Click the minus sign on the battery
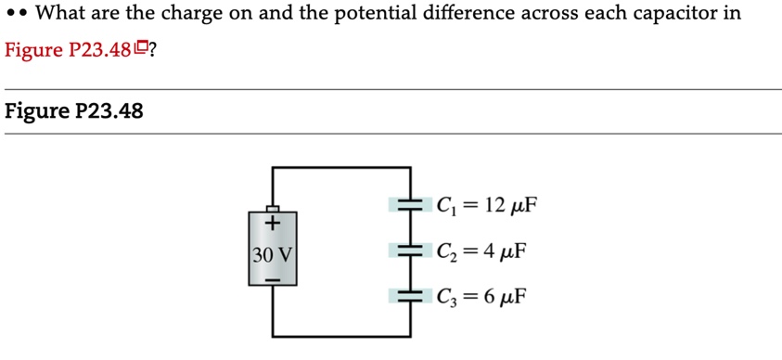tap(273, 276)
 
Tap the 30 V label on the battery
tap(273, 251)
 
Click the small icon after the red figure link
tap(141, 48)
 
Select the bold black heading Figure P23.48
tap(74, 111)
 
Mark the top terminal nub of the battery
tap(273, 209)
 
